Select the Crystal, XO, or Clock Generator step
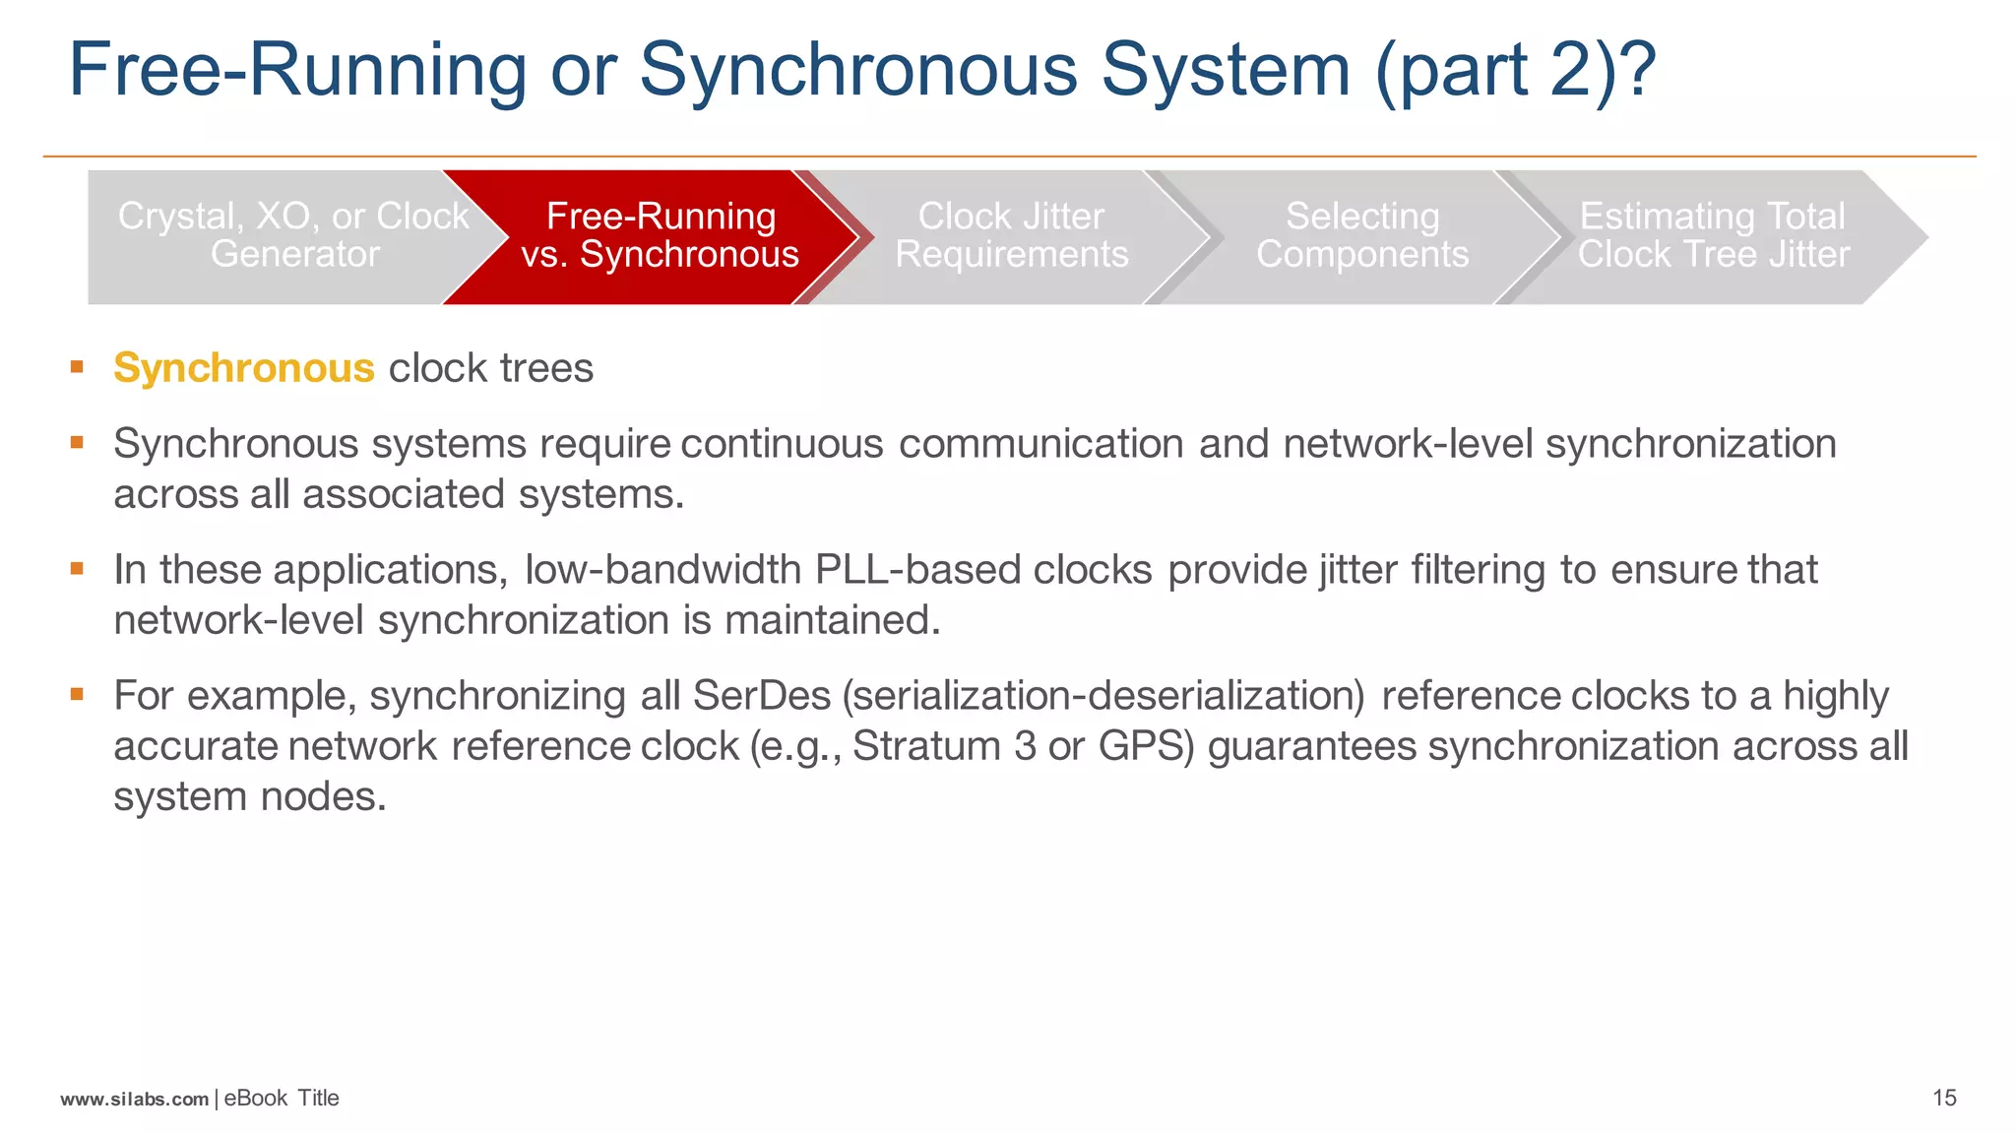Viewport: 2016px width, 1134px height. coord(293,236)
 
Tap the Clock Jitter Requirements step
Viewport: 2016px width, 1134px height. coord(1011,236)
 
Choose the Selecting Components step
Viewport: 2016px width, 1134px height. coord(1362,236)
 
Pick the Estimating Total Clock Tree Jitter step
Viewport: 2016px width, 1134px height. coord(1713,236)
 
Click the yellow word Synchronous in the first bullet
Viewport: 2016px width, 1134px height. coord(243,368)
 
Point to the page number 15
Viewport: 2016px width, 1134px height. coord(1944,1098)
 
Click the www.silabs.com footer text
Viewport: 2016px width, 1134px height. coord(134,1099)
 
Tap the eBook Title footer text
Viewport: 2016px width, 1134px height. coord(282,1098)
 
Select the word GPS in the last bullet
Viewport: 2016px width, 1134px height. coord(1145,746)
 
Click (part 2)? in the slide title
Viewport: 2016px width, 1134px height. coord(1516,71)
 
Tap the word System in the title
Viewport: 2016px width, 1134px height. coord(1225,71)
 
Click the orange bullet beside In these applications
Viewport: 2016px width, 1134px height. coord(77,568)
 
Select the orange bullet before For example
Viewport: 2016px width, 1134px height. coord(77,694)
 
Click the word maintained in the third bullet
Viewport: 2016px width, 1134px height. coord(832,620)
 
